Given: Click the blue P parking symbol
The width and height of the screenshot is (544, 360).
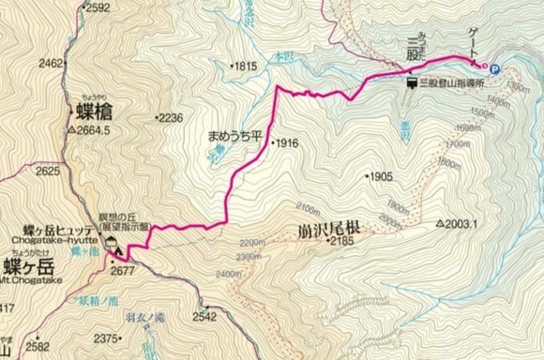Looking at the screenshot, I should click(493, 67).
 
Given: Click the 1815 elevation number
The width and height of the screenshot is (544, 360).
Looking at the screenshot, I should click(245, 67).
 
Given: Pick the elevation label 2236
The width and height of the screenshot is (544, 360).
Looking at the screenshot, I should click(170, 118).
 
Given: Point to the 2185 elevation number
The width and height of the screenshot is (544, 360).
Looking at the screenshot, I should click(340, 242).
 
